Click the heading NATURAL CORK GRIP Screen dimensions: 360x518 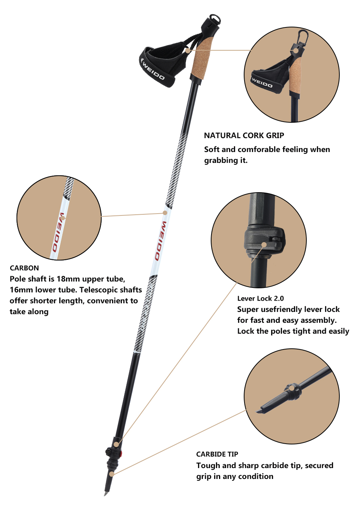tap(244, 136)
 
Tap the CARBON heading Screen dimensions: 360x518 tap(24, 268)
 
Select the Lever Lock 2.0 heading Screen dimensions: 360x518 tap(260, 298)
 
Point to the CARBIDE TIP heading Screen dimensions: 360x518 tap(217, 454)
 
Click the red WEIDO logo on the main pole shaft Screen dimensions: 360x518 tap(160, 241)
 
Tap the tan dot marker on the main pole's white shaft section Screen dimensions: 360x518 tap(165, 212)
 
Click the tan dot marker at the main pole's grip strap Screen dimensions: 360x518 tap(188, 50)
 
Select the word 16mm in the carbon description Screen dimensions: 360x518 tap(21, 290)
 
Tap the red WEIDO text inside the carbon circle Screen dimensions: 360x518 tap(58, 232)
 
